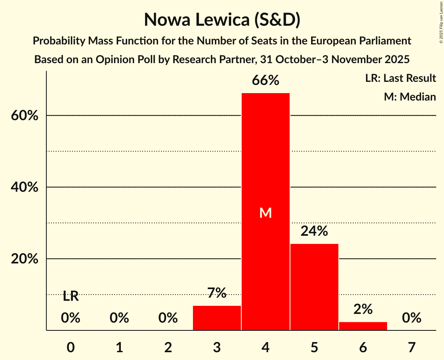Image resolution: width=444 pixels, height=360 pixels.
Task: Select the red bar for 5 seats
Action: click(x=314, y=287)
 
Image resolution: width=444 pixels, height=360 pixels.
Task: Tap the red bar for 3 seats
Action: click(x=217, y=318)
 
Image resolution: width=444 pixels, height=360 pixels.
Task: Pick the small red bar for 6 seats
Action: click(x=363, y=326)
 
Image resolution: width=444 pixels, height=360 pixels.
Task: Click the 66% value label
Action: click(x=265, y=81)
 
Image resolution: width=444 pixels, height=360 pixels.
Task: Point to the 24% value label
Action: click(x=314, y=231)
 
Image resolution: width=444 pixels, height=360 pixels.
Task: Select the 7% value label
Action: click(x=217, y=293)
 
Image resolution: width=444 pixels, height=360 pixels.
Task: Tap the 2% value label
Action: click(x=363, y=309)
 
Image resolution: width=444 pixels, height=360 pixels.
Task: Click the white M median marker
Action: click(x=265, y=213)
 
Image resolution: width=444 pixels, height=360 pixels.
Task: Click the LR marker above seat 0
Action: click(x=71, y=296)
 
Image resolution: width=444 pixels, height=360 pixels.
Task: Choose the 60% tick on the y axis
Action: click(x=25, y=116)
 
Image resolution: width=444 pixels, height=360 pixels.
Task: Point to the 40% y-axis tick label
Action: click(x=25, y=187)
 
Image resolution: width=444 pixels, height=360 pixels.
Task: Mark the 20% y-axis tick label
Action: click(x=25, y=259)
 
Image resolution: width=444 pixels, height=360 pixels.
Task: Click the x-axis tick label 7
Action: click(x=412, y=347)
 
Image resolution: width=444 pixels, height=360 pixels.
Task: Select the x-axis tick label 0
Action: click(x=71, y=347)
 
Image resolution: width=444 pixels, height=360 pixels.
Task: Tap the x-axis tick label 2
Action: click(x=168, y=347)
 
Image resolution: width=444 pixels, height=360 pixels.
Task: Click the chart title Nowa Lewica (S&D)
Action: click(x=222, y=20)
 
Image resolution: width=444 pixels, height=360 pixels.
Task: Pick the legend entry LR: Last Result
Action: click(x=400, y=78)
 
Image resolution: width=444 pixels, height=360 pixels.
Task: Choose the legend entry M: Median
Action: click(x=410, y=97)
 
